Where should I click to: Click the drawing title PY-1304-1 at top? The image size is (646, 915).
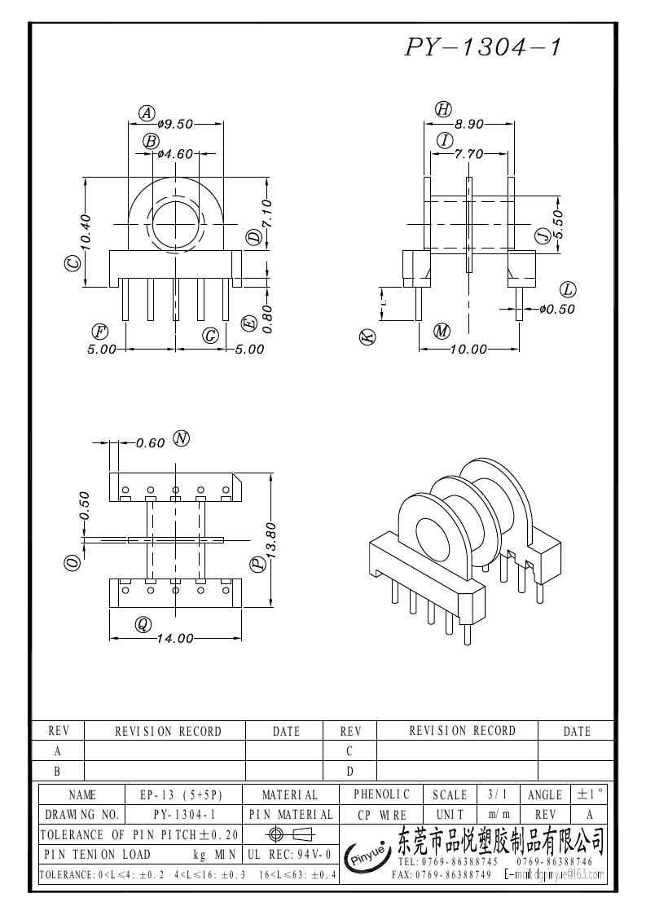point(483,48)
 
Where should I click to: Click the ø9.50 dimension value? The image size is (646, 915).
point(175,124)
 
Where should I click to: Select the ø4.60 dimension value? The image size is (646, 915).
point(175,153)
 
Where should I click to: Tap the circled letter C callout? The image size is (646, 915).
point(73,264)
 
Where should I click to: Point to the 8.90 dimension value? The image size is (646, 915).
point(469,124)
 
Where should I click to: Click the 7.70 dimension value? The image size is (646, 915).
point(469,153)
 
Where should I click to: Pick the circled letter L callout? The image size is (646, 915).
point(568,289)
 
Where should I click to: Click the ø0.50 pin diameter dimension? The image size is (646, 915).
point(557,309)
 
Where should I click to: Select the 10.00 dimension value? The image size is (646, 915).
point(469,350)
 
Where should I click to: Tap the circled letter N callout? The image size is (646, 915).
point(181,438)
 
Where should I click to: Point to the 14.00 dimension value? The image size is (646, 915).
point(175,639)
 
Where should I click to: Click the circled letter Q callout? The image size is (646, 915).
point(143,624)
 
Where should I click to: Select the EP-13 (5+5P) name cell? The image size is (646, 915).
point(181,794)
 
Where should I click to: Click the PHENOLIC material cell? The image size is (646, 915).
point(382,794)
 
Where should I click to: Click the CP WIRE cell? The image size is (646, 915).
point(382,814)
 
